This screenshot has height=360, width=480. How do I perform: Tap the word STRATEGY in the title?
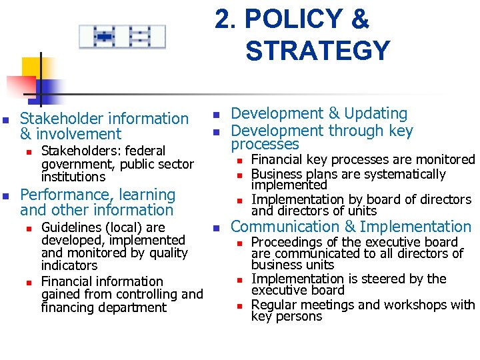(317, 51)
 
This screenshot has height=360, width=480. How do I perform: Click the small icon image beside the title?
(122, 37)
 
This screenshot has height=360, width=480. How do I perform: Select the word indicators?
(69, 265)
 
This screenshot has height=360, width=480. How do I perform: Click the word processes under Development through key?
(265, 144)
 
